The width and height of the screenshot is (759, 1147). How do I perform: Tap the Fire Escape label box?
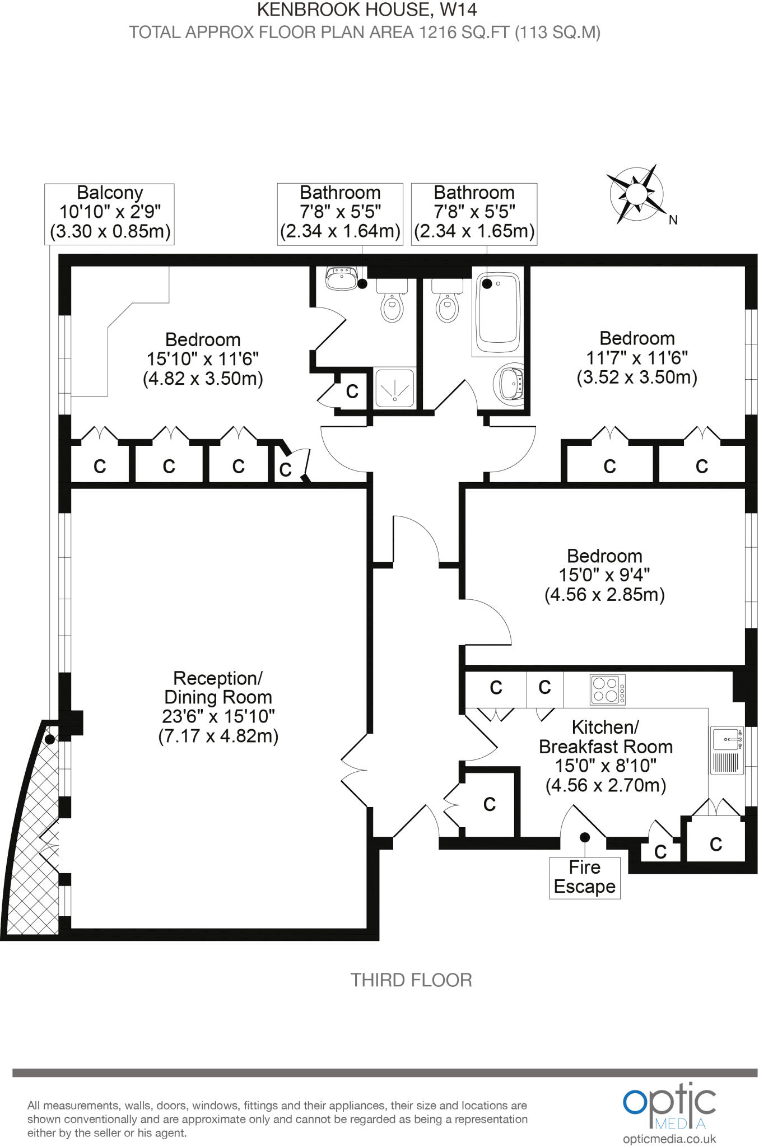click(x=584, y=877)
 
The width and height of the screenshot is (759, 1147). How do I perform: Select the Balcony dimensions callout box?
click(x=109, y=213)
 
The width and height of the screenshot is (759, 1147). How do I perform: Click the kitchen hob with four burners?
click(x=608, y=689)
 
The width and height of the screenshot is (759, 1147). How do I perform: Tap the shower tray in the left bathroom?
click(x=395, y=387)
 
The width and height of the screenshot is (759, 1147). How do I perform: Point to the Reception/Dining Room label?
click(x=218, y=707)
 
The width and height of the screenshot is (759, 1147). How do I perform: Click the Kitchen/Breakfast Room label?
click(x=606, y=756)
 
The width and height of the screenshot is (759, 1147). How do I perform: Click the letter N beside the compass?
click(x=673, y=220)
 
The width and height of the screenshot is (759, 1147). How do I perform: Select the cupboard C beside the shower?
click(x=352, y=391)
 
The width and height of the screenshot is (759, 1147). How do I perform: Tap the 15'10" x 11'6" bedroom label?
click(x=203, y=359)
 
